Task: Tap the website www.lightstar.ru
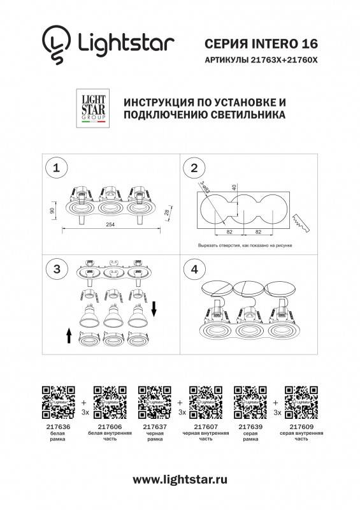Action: [180, 479]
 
